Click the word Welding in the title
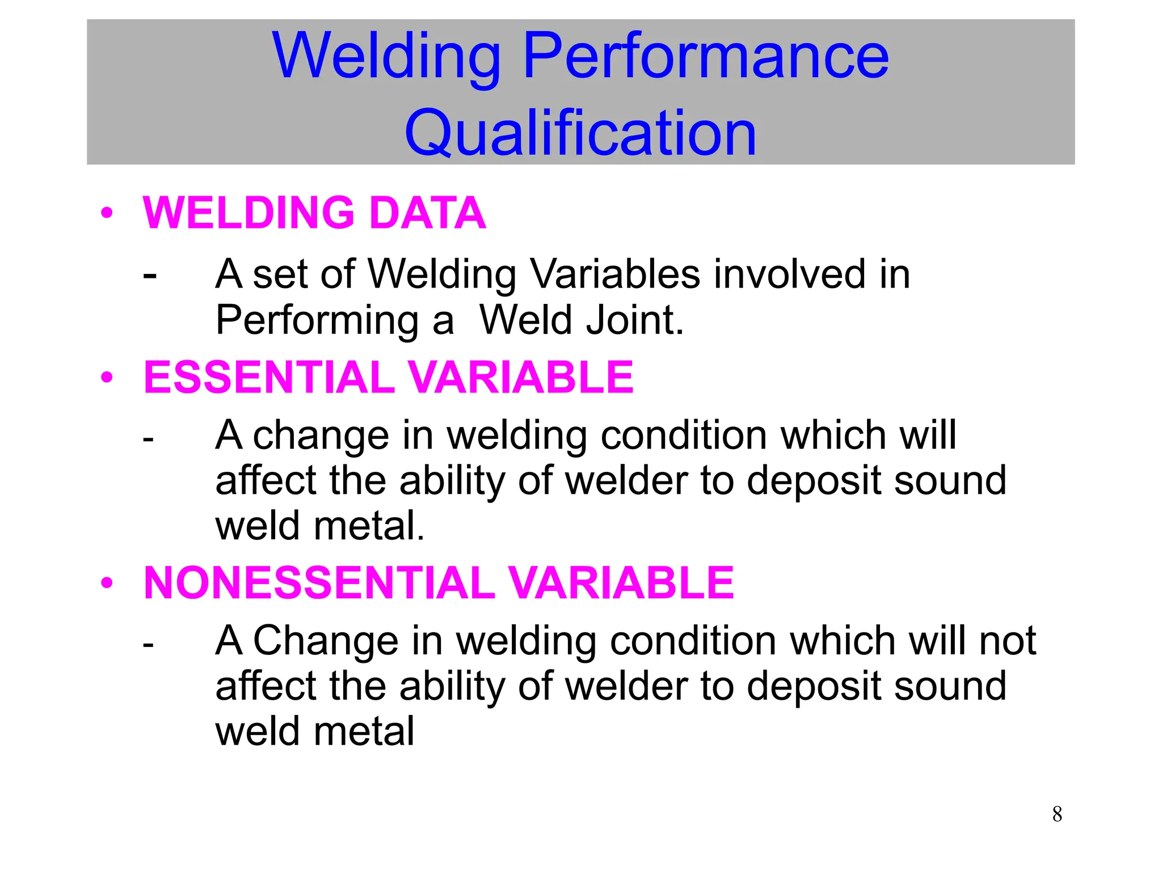tap(386, 57)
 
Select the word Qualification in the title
tap(580, 134)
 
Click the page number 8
tap(1057, 814)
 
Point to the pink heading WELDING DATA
tap(314, 213)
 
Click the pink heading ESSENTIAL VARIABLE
tap(388, 378)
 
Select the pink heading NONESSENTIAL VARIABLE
tap(439, 583)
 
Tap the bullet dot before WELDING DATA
tap(107, 213)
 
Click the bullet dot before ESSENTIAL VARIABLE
tap(107, 377)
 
